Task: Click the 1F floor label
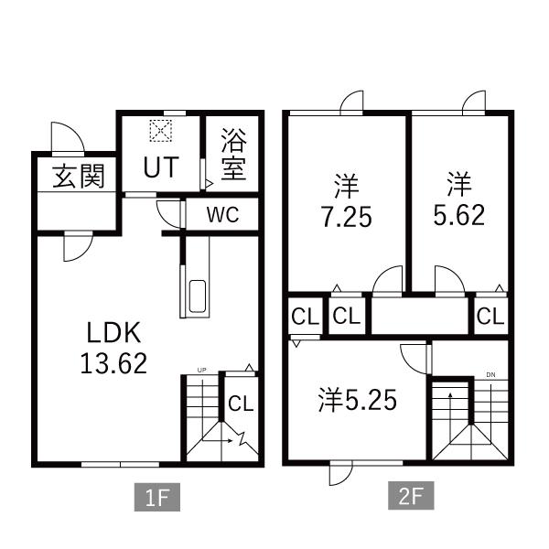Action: pos(157,497)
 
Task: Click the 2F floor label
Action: pos(411,495)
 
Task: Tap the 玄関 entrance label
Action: pos(79,176)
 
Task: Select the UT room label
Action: pos(161,167)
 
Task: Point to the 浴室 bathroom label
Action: pos(234,154)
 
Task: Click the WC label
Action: pos(222,215)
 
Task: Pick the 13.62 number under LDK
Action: pos(113,363)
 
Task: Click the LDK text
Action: pos(113,333)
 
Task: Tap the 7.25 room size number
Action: pos(347,217)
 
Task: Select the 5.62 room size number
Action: pos(459,215)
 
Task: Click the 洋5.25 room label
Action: pos(358,400)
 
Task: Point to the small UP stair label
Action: pos(201,370)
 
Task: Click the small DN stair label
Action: pos(490,375)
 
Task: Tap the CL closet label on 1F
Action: pos(241,404)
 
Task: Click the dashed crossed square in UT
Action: pos(161,131)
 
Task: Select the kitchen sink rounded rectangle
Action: pos(198,296)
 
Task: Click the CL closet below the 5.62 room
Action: pos(490,317)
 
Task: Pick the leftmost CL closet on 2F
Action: pos(306,317)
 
